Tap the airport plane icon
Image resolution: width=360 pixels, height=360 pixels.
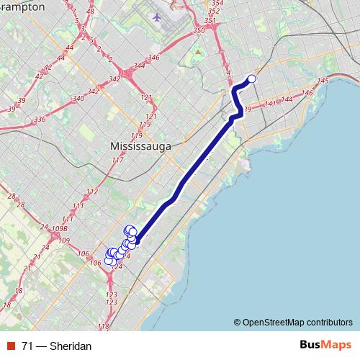[x=158, y=16]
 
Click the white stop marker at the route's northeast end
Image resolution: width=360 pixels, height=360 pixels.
[x=252, y=79]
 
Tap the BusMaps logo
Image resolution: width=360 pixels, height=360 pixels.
[x=323, y=346]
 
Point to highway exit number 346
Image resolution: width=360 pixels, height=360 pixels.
[x=153, y=58]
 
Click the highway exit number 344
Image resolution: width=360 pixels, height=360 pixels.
[x=139, y=66]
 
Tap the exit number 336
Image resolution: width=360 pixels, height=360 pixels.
[x=40, y=119]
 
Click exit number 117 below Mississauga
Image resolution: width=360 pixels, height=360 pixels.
[x=118, y=159]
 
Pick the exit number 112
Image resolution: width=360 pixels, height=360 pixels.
[x=91, y=192]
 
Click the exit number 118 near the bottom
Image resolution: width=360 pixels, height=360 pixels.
[x=103, y=327]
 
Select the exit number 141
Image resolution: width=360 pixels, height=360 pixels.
[x=270, y=104]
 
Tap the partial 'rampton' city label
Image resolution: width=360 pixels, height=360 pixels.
[x=22, y=6]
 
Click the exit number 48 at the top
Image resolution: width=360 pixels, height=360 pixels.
[x=89, y=12]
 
